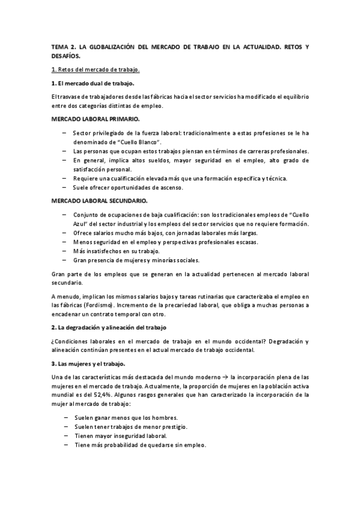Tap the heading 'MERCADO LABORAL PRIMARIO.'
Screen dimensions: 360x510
(96, 119)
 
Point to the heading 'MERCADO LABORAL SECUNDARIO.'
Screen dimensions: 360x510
(99, 200)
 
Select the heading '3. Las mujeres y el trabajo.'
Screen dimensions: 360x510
(91, 364)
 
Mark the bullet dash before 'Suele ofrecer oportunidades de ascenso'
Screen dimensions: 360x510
(64, 188)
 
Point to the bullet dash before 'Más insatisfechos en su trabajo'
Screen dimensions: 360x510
(64, 251)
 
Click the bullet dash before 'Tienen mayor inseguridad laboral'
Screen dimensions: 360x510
(64, 436)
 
